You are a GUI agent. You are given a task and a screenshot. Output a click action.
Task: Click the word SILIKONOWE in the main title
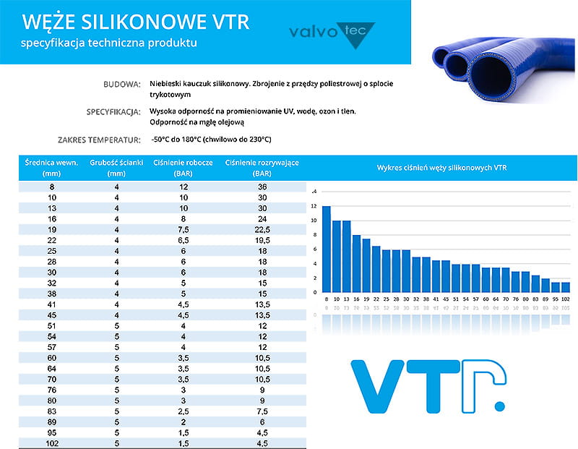[137, 22]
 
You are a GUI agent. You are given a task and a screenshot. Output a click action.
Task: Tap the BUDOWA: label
[122, 85]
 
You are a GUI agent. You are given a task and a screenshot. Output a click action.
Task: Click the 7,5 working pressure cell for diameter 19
[183, 230]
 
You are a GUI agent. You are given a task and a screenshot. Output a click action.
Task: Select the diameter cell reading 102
[51, 443]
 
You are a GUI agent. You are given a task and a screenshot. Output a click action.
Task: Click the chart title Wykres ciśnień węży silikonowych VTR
[442, 168]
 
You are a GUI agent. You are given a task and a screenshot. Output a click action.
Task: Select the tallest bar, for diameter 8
[327, 249]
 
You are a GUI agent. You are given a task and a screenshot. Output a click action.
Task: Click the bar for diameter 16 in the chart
[356, 263]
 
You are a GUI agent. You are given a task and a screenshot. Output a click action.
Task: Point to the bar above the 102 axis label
[565, 287]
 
